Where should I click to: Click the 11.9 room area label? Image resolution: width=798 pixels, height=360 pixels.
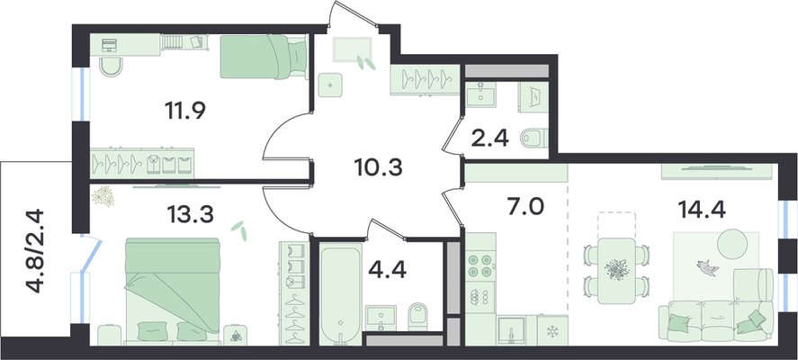point(184,110)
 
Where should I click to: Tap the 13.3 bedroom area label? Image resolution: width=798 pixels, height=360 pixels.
point(191,215)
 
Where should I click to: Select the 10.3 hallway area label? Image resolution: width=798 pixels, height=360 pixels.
point(378,166)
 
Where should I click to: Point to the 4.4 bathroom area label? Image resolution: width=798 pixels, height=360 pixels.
point(386,270)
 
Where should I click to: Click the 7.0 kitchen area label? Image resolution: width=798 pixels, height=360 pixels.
point(525,207)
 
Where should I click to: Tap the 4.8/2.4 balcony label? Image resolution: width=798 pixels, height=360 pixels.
point(36,250)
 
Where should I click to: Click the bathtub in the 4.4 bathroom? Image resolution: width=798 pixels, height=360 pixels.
point(341,293)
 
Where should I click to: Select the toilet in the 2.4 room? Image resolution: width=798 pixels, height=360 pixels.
point(534,137)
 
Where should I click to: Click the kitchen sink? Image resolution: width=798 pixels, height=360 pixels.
point(511,329)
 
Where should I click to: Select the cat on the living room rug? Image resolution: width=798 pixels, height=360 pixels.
point(708,266)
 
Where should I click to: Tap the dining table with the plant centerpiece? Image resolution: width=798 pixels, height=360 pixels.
point(616,270)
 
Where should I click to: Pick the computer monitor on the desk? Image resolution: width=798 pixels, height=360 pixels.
point(109,45)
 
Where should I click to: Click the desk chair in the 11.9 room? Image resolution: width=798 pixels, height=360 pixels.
point(112,67)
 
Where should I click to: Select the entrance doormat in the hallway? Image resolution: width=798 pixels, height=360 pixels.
point(352,49)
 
